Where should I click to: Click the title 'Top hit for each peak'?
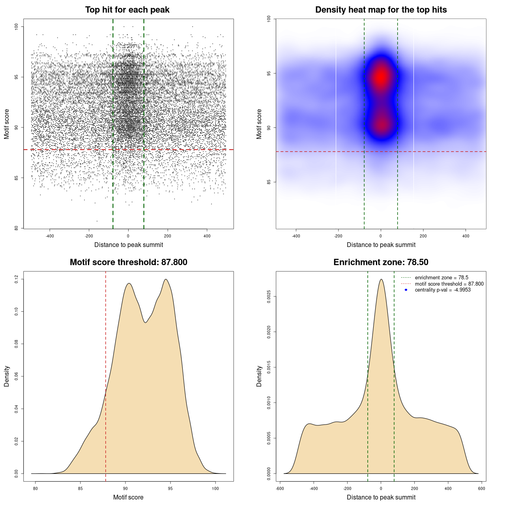(x=127, y=10)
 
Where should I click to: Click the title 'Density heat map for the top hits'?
(x=381, y=10)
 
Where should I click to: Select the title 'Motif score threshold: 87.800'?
(x=128, y=262)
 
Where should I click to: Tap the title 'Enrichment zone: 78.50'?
(x=381, y=262)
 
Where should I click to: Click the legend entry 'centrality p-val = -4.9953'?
(x=443, y=290)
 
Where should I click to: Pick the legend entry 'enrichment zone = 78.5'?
(x=441, y=278)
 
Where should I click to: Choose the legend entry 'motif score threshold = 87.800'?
(x=449, y=284)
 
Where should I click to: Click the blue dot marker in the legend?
(x=406, y=290)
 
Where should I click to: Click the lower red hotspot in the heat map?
(x=381, y=125)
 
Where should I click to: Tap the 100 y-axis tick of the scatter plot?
(x=17, y=26)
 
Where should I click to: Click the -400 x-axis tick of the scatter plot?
(x=50, y=236)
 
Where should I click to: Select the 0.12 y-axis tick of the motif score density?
(x=17, y=279)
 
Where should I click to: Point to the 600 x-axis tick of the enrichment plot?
(x=481, y=488)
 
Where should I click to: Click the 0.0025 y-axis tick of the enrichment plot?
(x=269, y=297)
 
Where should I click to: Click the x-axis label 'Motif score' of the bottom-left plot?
(x=128, y=497)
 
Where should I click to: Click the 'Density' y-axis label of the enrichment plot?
(x=259, y=376)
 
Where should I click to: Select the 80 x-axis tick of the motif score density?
(x=36, y=488)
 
